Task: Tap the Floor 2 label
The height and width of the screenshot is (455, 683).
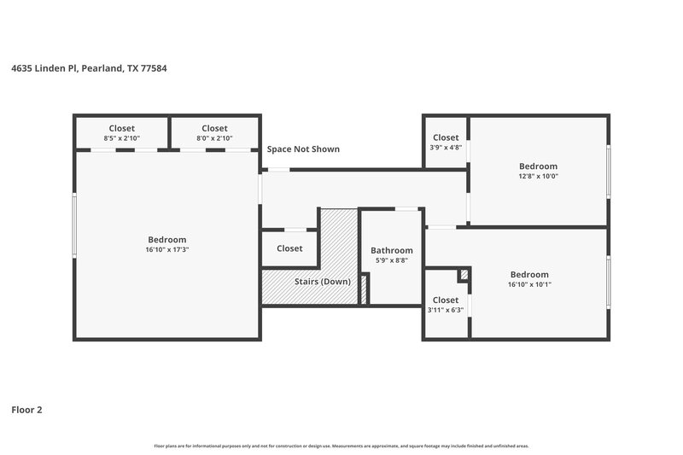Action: click(26, 410)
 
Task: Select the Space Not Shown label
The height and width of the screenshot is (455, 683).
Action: click(303, 149)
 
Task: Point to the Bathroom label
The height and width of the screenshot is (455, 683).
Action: click(392, 250)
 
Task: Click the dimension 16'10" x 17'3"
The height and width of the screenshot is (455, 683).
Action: click(166, 250)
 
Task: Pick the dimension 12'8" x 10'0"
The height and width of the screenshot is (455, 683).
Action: click(538, 177)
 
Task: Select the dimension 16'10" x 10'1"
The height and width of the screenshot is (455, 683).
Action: click(529, 284)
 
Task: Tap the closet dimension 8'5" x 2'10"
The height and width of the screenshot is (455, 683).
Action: click(121, 138)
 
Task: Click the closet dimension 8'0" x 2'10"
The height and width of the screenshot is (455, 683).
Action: click(214, 138)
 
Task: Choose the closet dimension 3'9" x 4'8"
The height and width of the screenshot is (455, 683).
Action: click(446, 148)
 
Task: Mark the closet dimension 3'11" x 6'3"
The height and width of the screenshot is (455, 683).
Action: click(446, 310)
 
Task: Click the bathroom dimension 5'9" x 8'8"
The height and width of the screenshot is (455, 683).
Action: click(392, 260)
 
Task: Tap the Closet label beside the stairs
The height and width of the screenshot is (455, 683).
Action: click(289, 248)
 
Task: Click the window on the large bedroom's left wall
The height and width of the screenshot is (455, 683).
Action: click(75, 225)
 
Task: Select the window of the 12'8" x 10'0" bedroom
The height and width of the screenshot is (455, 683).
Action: click(608, 171)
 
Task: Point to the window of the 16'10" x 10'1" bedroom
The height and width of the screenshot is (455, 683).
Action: click(608, 282)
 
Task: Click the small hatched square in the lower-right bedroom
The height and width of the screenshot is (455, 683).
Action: click(464, 275)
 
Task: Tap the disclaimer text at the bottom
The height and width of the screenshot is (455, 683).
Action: click(341, 446)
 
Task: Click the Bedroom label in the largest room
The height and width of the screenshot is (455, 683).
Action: click(166, 240)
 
